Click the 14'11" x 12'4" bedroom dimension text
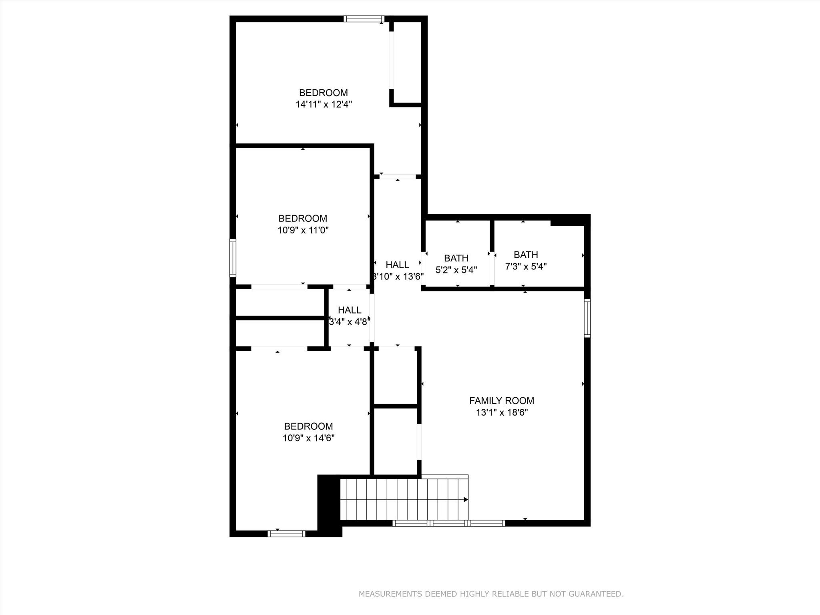pyautogui.click(x=324, y=105)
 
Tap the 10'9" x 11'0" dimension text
pyautogui.click(x=303, y=230)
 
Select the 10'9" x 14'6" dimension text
pyautogui.click(x=308, y=438)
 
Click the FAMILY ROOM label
pyautogui.click(x=501, y=400)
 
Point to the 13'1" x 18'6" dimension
pyautogui.click(x=501, y=412)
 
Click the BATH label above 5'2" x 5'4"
pyautogui.click(x=456, y=258)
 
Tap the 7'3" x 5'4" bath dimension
pyautogui.click(x=526, y=266)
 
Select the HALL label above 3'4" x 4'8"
pyautogui.click(x=349, y=310)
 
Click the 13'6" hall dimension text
pyautogui.click(x=398, y=276)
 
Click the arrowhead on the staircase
pyautogui.click(x=465, y=499)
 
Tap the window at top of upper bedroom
pyautogui.click(x=364, y=19)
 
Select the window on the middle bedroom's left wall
pyautogui.click(x=233, y=258)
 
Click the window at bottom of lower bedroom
pyautogui.click(x=286, y=533)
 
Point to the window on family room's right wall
pyautogui.click(x=587, y=318)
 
